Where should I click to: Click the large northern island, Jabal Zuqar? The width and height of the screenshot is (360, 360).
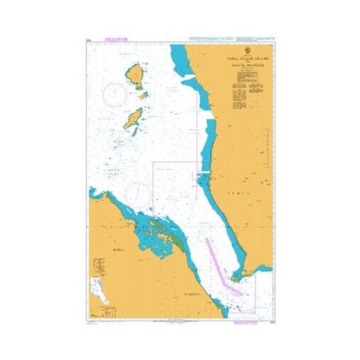click(136, 76)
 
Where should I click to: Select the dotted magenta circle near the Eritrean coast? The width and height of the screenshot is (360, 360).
click(138, 192)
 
